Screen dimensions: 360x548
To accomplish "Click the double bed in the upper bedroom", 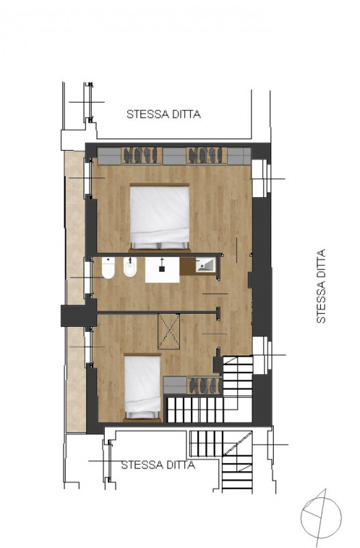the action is tap(159, 217).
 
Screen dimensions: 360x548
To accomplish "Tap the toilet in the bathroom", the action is tap(108, 268).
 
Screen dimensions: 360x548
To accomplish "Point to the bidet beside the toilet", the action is tap(130, 267).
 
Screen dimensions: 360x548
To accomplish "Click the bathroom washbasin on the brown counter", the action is tap(205, 265).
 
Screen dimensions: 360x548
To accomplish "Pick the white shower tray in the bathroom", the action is tap(162, 270).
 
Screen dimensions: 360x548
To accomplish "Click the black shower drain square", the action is tap(162, 269).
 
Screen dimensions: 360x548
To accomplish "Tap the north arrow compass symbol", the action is tap(320, 518).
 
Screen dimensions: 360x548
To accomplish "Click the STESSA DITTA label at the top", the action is tap(164, 114).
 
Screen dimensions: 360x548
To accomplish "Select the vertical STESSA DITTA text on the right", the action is tap(320, 286).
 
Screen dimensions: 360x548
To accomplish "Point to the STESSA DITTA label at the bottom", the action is tap(158, 465).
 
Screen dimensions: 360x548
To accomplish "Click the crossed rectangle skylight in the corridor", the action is tap(168, 332).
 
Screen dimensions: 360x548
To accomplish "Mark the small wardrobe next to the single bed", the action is tap(192, 385).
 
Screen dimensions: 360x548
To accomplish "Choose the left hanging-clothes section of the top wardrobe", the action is tap(142, 155).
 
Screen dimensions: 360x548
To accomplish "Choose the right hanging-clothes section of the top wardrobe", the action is tap(207, 155).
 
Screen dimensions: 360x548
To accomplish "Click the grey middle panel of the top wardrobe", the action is tap(175, 156).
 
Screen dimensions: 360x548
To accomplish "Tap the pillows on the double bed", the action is tap(159, 245).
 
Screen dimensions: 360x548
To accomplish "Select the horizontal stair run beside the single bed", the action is tap(196, 409).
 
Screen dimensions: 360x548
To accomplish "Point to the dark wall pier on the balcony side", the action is tap(79, 315).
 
